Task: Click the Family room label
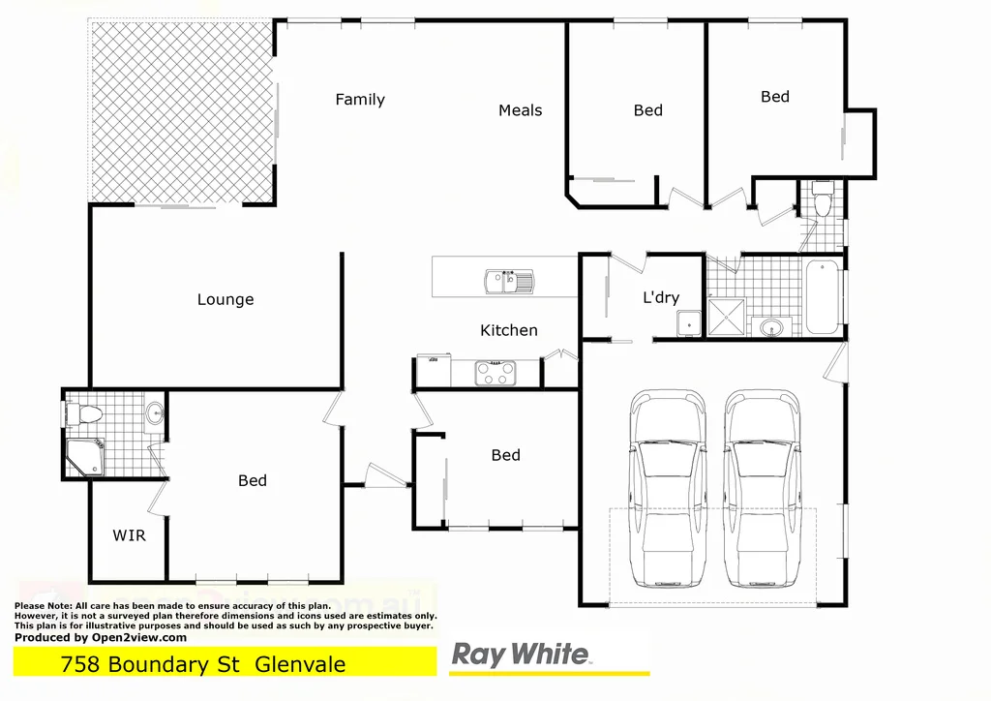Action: (360, 100)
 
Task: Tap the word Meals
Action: (520, 110)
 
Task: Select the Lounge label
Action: (225, 300)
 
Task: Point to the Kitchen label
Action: (508, 330)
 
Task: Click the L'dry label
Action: (661, 298)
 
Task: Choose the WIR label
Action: (129, 534)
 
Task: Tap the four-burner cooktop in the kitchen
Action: (495, 373)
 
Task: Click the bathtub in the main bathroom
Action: (822, 297)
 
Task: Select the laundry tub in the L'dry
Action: (689, 323)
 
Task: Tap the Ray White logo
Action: (521, 655)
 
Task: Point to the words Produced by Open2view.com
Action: (101, 637)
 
